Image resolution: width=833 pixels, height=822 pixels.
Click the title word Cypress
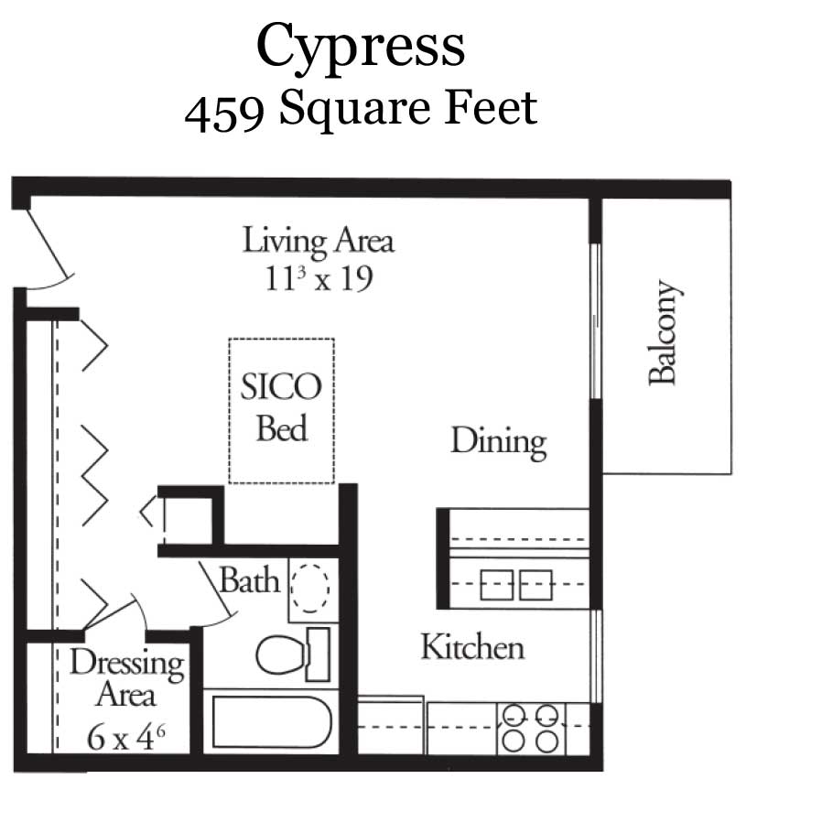tap(360, 46)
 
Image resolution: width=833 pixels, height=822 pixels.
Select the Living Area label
tap(318, 241)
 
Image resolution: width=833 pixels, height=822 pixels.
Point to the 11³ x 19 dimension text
tap(318, 277)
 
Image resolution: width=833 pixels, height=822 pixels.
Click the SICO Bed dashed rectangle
tap(281, 410)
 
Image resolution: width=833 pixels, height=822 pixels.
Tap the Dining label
tap(498, 441)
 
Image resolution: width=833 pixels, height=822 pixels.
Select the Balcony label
tap(665, 332)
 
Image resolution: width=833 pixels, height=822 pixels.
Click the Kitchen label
tap(472, 647)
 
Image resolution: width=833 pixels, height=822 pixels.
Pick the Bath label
tap(249, 580)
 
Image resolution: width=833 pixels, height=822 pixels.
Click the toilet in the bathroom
tap(279, 654)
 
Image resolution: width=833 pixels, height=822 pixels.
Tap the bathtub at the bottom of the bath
tap(269, 723)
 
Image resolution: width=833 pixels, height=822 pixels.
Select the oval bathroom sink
tap(312, 586)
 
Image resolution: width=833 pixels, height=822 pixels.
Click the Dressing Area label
tap(126, 678)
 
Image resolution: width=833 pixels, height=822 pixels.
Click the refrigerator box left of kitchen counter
tap(391, 727)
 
